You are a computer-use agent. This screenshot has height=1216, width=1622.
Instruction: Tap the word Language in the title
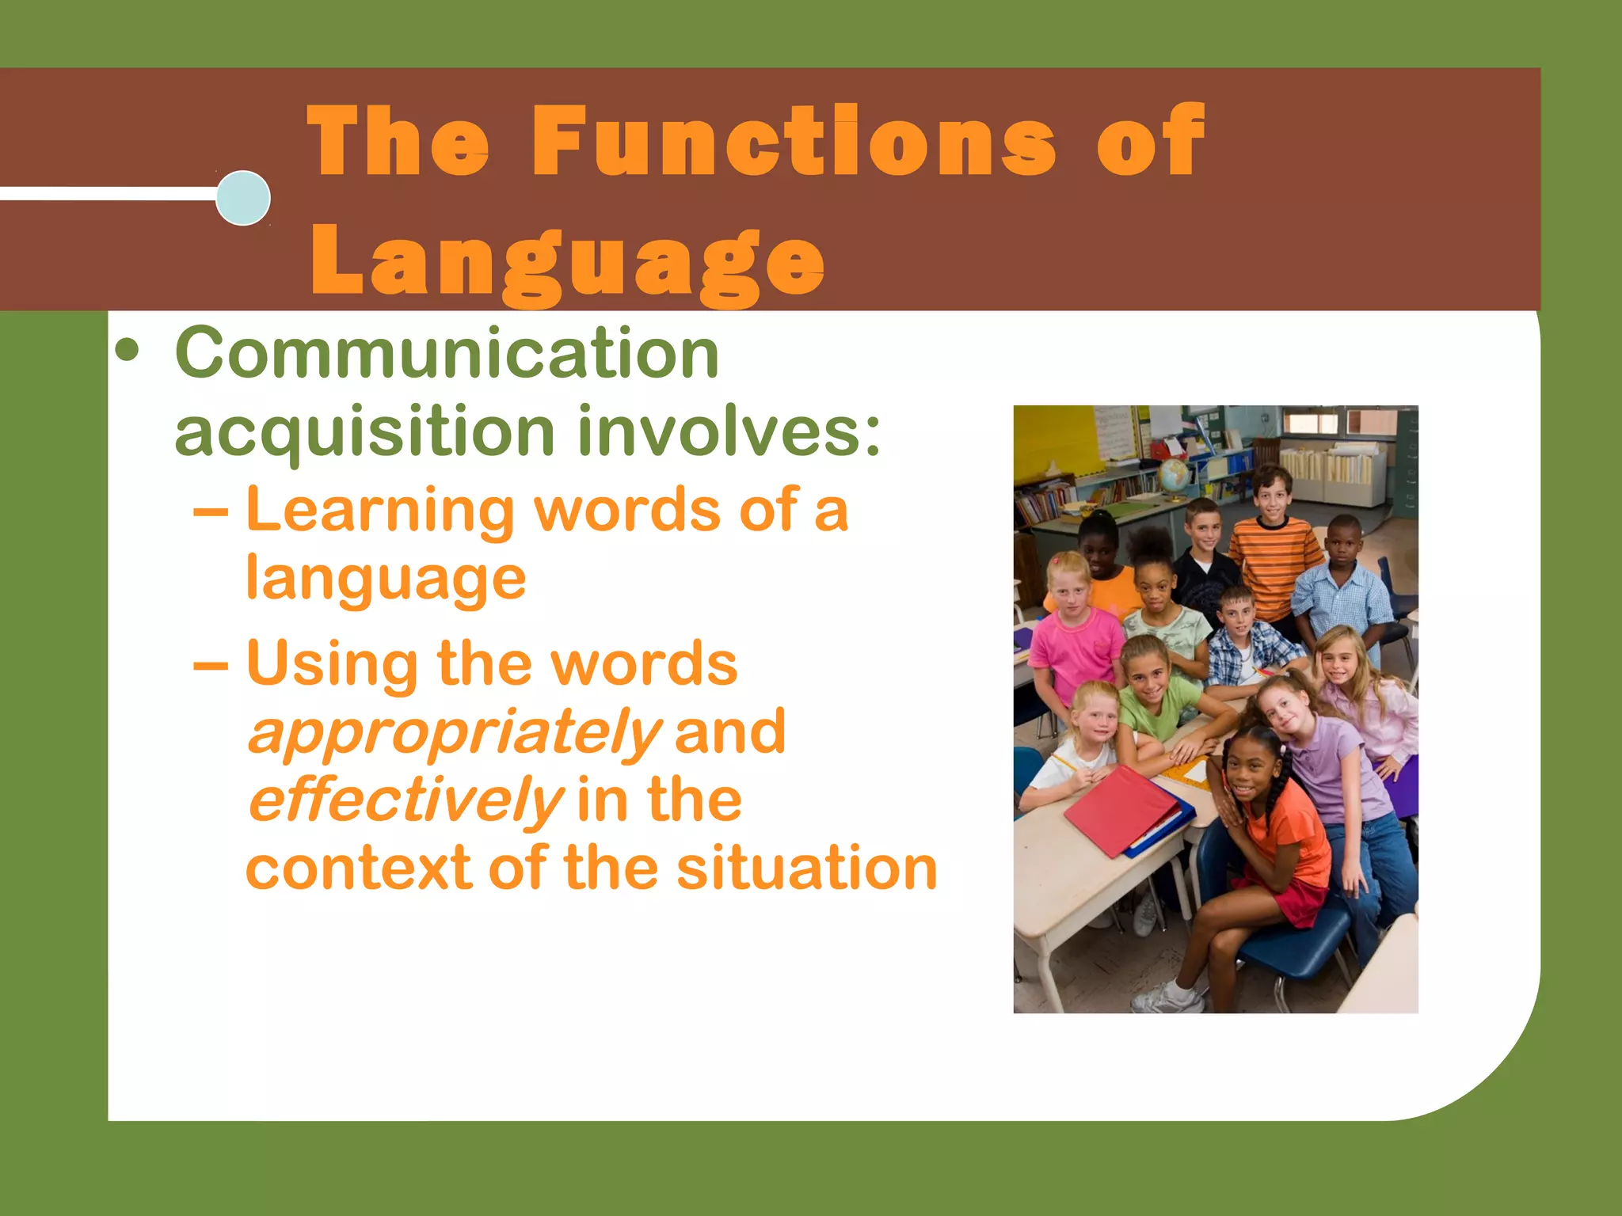(567, 261)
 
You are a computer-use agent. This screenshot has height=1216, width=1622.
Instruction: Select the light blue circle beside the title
(243, 198)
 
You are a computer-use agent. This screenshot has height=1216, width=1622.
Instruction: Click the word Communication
(447, 353)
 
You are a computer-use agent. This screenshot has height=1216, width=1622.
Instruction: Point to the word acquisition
(364, 432)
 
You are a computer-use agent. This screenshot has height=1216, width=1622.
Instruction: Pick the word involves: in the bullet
(729, 431)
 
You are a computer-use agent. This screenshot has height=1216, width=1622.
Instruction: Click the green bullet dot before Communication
(127, 351)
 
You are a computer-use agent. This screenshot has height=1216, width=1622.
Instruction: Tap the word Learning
(380, 511)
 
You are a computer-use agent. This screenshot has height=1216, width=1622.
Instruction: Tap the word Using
(333, 663)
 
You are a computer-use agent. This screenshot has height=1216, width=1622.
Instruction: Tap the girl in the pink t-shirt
(1074, 641)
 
